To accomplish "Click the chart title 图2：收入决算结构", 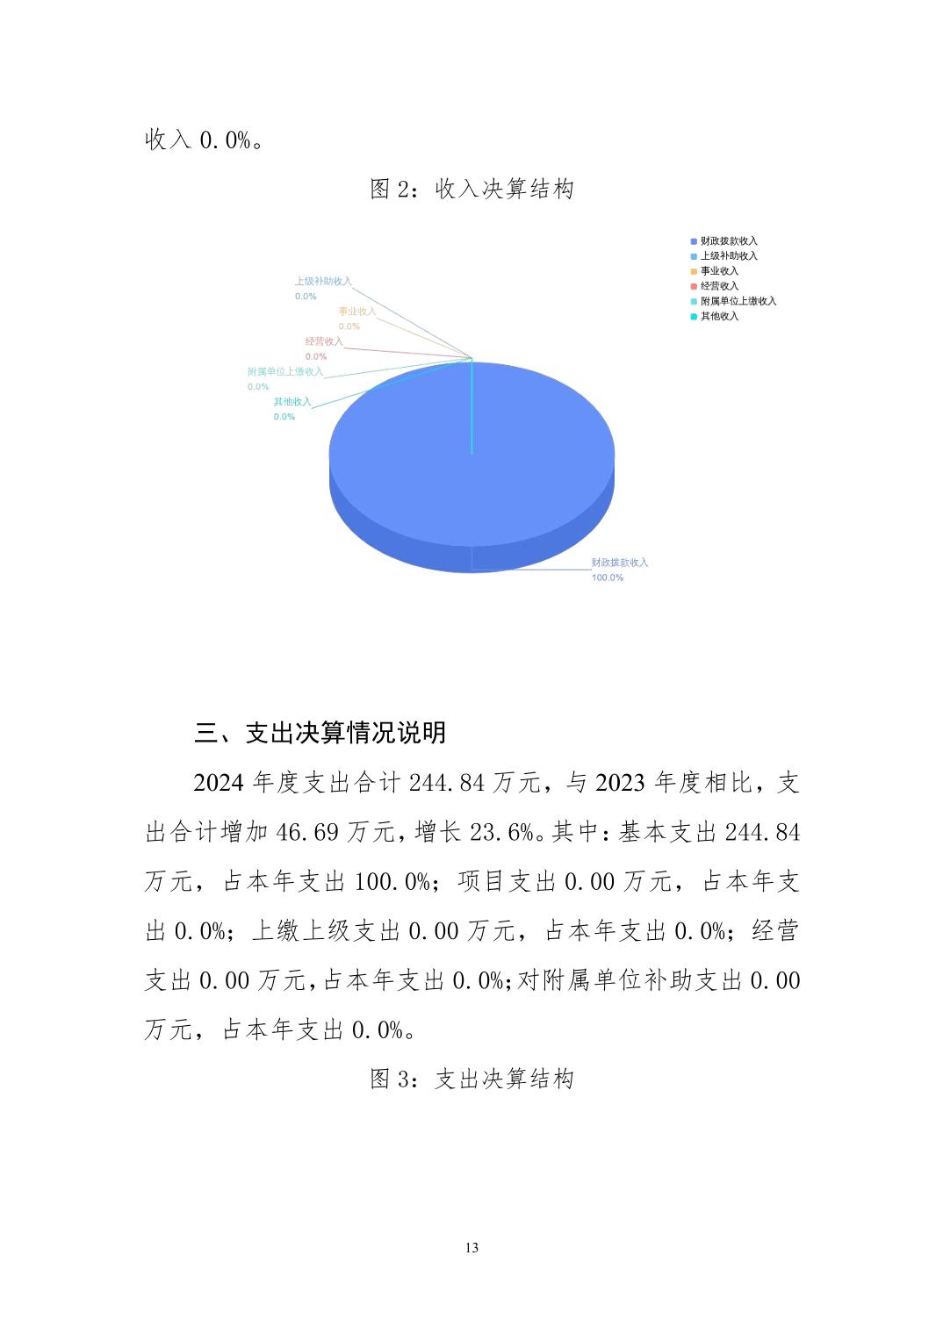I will point(471,189).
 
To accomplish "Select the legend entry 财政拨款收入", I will point(728,240).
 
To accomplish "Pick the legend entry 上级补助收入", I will point(728,255).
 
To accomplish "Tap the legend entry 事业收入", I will point(719,270).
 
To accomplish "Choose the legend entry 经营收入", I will point(719,285).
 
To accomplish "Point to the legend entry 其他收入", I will point(719,316).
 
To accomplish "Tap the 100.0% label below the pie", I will point(607,577).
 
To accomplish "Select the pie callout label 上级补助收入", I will point(323,282).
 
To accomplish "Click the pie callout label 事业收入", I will point(357,312).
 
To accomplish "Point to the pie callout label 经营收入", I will point(324,341).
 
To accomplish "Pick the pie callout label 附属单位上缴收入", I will point(285,372).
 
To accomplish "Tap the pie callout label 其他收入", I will point(292,402).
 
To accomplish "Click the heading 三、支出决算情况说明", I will point(320,733).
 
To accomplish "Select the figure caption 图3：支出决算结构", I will point(471,1079).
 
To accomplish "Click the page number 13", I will point(471,1247).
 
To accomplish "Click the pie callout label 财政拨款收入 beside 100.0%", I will point(619,563).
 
